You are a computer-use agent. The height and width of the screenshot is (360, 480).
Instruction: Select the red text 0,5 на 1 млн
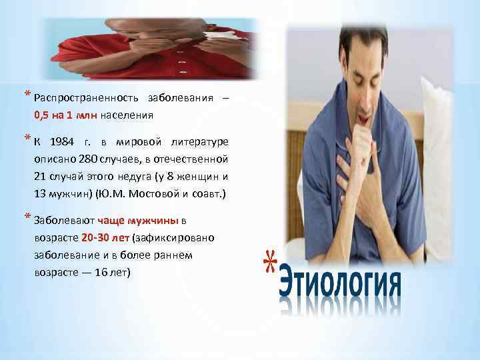[66, 115]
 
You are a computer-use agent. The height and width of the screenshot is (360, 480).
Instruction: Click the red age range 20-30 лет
[106, 238]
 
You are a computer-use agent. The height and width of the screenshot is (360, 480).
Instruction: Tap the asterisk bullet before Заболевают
[27, 218]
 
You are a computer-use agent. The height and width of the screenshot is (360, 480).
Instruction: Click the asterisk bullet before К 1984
[27, 139]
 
